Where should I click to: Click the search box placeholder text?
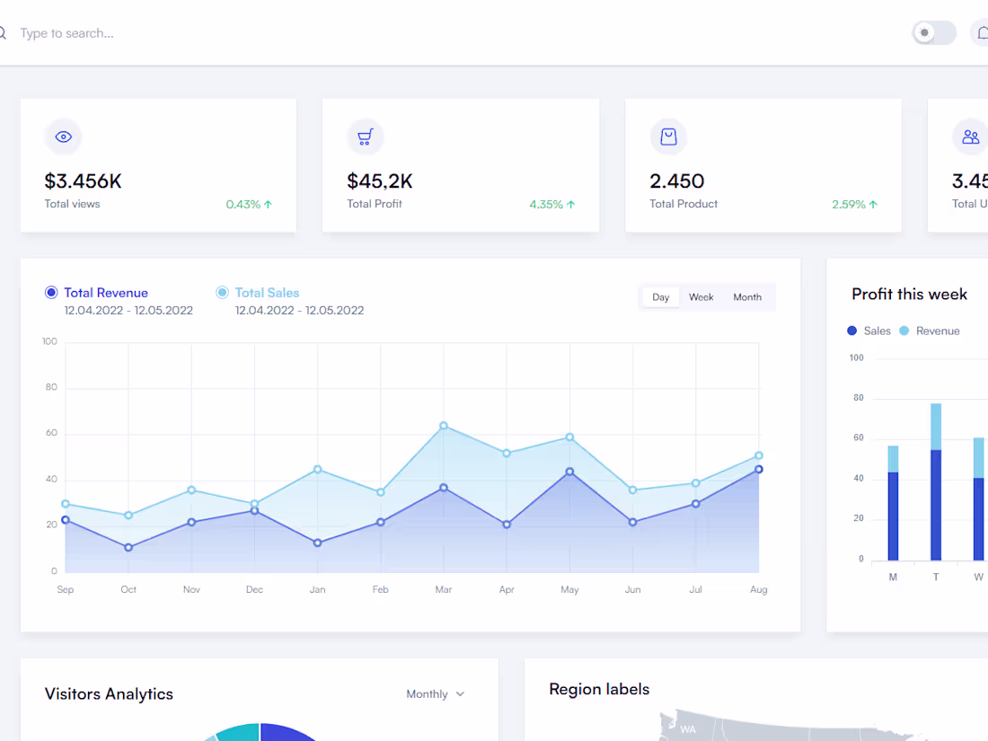point(66,33)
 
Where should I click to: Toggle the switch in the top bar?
point(933,33)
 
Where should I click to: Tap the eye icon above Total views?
point(63,137)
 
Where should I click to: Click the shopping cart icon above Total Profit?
point(365,137)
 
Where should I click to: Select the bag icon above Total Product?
point(668,137)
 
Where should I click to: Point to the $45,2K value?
point(380,181)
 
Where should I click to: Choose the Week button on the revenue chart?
point(701,297)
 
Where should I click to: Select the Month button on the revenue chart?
point(746,297)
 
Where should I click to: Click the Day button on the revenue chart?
point(661,297)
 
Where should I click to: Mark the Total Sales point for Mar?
point(444,426)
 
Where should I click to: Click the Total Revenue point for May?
point(569,472)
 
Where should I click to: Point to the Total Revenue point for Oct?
point(128,547)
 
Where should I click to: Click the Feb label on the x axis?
point(380,589)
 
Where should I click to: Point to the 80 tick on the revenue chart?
point(50,387)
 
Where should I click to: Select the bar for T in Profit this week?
point(936,482)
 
